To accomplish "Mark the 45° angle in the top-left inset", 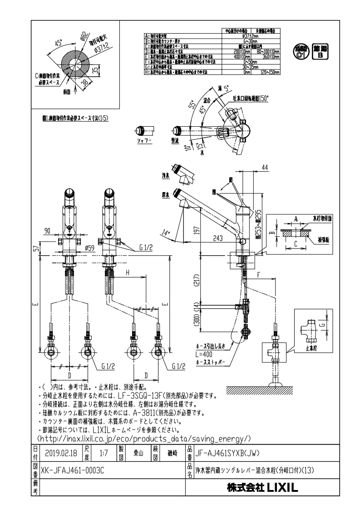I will (x=58, y=43).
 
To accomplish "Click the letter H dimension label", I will (x=128, y=272).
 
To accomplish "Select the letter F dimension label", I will (x=258, y=274).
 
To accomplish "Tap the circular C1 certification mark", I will (x=300, y=52).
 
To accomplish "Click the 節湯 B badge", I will (x=321, y=52).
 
